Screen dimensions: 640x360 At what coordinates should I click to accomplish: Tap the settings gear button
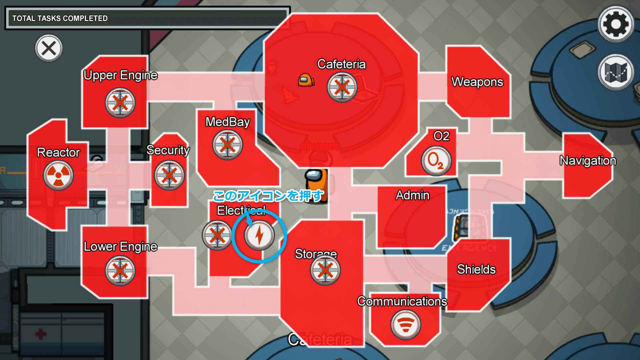(616, 24)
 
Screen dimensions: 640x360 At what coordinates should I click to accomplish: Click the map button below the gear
(616, 72)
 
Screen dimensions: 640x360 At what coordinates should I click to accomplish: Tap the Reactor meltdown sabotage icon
(58, 175)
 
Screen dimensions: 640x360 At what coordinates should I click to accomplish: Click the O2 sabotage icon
(436, 161)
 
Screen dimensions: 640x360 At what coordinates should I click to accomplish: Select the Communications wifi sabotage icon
(405, 325)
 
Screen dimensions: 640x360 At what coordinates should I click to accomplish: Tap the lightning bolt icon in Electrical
(259, 235)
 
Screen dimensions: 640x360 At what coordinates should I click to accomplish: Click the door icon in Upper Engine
(120, 103)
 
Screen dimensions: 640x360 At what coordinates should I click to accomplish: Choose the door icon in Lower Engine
(120, 271)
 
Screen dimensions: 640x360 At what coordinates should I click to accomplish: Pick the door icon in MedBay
(228, 145)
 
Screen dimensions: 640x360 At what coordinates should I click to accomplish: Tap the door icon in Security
(169, 175)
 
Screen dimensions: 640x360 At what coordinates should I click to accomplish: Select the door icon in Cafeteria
(342, 87)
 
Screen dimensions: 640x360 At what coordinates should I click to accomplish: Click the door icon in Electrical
(217, 235)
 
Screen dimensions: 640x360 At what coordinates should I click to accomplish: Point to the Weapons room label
(477, 82)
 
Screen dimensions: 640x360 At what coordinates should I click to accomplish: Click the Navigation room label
(588, 161)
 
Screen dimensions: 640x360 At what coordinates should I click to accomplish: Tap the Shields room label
(476, 269)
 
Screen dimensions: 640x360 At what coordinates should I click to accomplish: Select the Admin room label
(413, 195)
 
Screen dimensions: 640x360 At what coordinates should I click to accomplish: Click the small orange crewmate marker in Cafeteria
(306, 80)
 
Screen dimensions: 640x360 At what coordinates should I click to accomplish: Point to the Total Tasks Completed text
(60, 18)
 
